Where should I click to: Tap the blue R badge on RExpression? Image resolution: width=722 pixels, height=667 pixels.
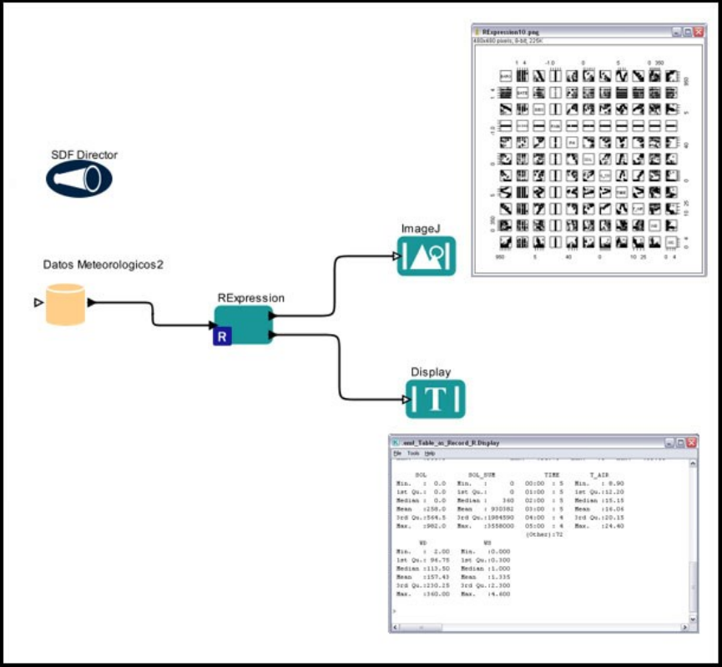222,336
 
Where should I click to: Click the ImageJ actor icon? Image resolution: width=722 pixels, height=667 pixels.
427,255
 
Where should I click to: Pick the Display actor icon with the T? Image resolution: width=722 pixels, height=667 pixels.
435,399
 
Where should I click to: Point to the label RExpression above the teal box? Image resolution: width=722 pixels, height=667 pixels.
251,297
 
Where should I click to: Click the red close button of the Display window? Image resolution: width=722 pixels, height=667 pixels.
692,442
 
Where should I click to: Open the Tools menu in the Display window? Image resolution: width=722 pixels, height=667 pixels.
413,452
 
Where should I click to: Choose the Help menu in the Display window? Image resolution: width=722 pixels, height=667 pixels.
430,452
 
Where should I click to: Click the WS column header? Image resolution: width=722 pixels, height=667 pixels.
487,543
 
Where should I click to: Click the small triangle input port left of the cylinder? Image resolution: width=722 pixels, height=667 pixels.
38,302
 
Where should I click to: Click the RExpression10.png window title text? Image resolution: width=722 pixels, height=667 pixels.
511,31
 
